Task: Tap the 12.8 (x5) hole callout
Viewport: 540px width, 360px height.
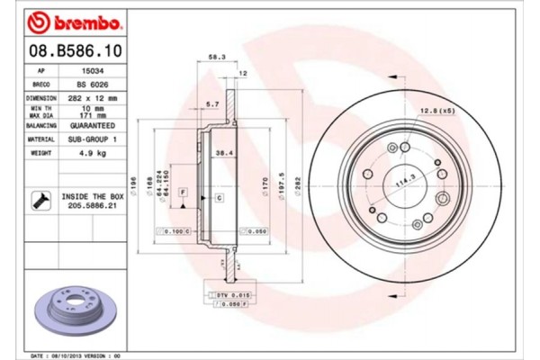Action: click(435, 111)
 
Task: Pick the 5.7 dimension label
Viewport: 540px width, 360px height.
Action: click(211, 105)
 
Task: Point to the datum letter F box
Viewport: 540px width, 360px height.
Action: click(183, 193)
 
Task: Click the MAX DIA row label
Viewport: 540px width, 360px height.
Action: click(41, 116)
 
